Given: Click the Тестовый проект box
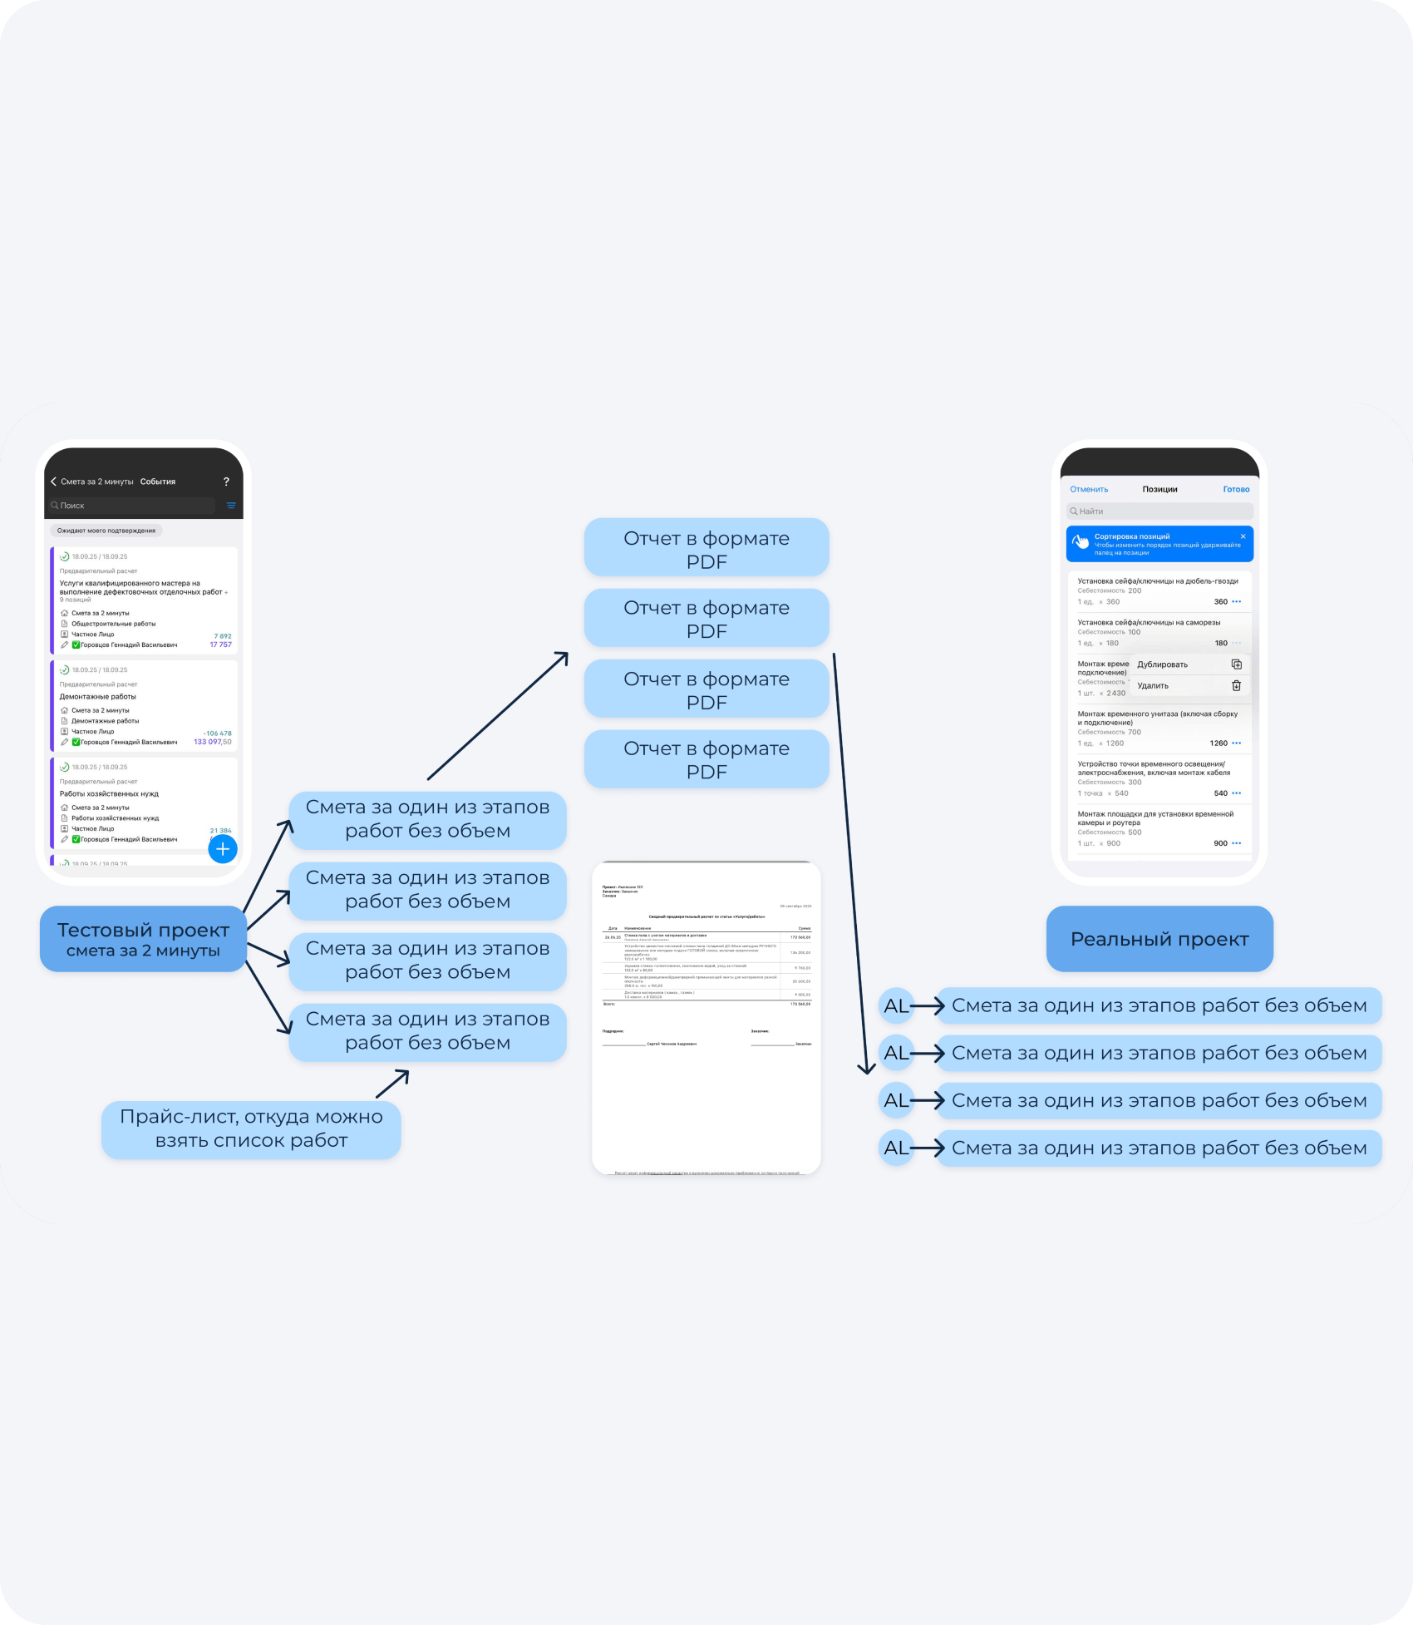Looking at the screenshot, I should coord(143,939).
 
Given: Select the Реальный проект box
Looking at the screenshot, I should coord(1159,939).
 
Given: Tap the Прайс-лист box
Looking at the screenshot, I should coord(251,1129).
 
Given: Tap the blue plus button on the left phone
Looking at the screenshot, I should coord(222,849).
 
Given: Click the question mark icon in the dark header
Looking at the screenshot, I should coord(226,482).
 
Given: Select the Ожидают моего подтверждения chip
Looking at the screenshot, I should coord(106,531).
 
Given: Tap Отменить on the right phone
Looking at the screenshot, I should coord(1089,489).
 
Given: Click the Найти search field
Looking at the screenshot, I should coord(1159,511).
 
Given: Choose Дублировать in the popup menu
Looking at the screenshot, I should coord(1163,664).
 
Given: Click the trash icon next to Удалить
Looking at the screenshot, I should coord(1236,686).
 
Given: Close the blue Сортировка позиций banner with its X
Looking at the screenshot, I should coord(1243,536).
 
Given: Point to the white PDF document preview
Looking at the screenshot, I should coord(706,1018).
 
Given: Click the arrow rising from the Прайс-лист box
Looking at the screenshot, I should coord(392,1084).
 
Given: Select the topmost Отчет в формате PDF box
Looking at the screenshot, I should coord(706,549).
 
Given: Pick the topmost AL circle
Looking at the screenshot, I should coord(896,1006).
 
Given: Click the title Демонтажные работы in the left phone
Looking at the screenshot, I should coord(98,697).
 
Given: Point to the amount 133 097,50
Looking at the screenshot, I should coord(213,742).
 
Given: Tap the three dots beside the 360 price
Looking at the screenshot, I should coord(1237,601).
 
